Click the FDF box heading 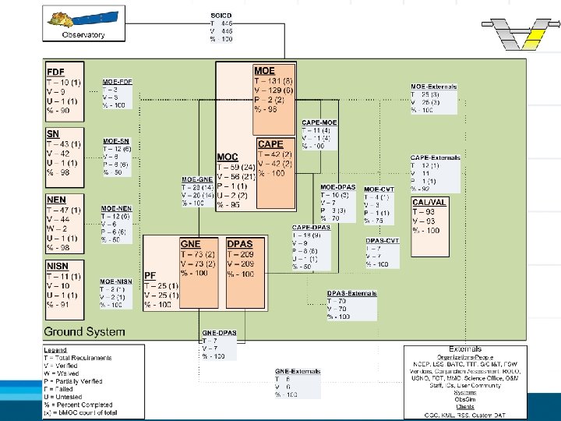55,73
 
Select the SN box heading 53,135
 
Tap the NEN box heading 56,200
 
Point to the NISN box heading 58,266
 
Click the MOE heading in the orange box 264,70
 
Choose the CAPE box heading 270,144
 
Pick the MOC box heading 228,157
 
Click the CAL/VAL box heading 429,202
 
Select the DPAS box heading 240,244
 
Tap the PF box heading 150,275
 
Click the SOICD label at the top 221,16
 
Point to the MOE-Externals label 434,86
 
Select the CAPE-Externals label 435,157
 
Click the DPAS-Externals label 351,293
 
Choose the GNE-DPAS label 219,333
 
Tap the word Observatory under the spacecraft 83,34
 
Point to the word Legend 55,349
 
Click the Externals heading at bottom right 465,348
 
